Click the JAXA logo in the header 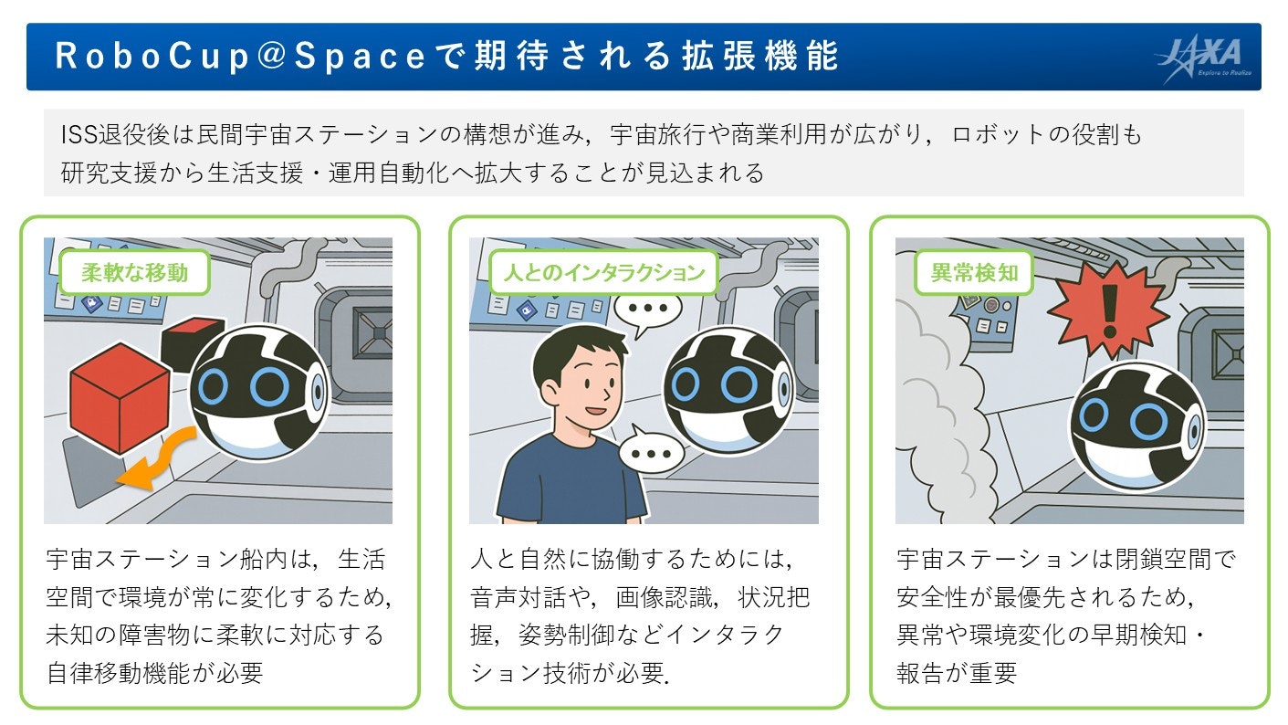[x=1204, y=59]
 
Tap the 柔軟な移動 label [x=135, y=272]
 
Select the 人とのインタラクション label [x=604, y=272]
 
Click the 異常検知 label [x=974, y=272]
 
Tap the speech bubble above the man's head [x=648, y=309]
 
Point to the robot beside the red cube [x=259, y=393]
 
